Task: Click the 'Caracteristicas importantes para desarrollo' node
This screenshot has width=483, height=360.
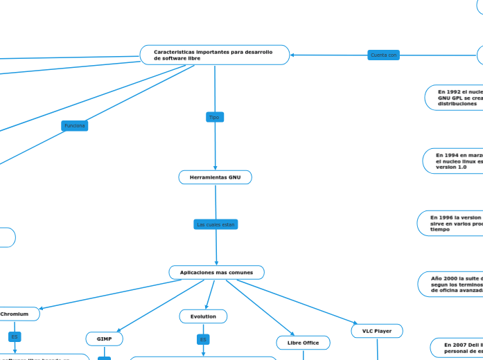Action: coord(214,55)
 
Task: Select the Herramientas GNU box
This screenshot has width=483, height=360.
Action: coord(216,178)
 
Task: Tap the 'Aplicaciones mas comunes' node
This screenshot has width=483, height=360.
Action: coord(216,273)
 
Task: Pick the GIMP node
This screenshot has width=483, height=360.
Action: coord(104,339)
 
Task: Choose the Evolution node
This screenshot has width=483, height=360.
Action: coord(203,316)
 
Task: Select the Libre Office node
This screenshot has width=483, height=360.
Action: coord(303,343)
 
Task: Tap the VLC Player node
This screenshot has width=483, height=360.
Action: coord(377,331)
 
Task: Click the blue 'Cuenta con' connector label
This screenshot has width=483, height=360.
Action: coord(383,55)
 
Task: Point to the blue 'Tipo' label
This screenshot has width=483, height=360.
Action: coord(214,117)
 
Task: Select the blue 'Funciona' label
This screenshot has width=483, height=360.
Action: coord(74,125)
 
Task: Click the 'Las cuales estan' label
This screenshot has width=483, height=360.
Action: coord(216,224)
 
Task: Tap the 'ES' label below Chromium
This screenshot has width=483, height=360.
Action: coord(15,337)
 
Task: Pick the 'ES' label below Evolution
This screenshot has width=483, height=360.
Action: coord(203,339)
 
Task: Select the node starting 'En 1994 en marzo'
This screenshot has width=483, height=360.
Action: coord(455,161)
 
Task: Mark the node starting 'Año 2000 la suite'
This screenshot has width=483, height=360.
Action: coord(452,283)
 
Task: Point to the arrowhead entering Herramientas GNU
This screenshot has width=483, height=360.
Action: coord(216,168)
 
